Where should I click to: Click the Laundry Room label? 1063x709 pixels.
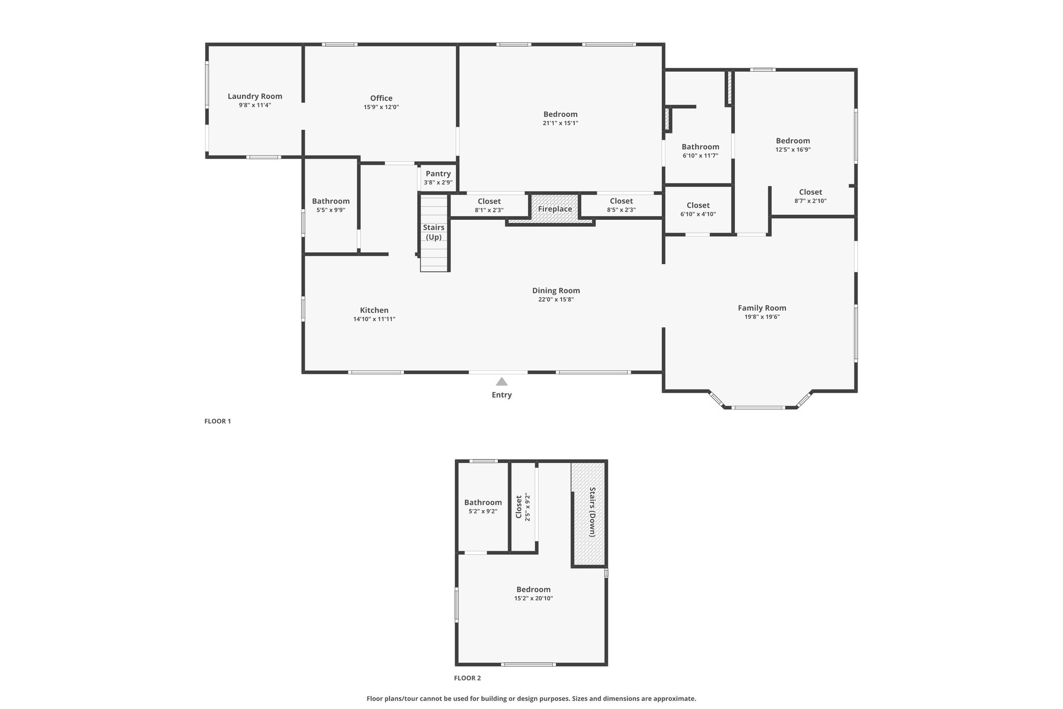click(255, 96)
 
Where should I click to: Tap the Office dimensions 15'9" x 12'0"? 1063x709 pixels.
click(381, 108)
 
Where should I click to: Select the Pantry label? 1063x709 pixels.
click(438, 173)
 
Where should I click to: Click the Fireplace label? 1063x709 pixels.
click(555, 209)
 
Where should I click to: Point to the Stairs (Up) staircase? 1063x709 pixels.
click(434, 233)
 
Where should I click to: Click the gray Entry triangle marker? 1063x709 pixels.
click(501, 381)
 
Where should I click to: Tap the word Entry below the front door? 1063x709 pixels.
click(502, 395)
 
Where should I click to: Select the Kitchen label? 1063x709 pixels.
click(374, 310)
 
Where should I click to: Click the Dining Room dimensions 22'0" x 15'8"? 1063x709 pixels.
click(556, 300)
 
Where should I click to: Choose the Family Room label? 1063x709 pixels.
click(762, 308)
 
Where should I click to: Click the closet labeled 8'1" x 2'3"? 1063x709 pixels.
click(489, 205)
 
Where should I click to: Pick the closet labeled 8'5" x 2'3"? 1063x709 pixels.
click(621, 205)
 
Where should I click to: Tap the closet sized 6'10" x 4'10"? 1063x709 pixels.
click(698, 209)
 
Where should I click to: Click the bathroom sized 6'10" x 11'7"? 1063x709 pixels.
click(700, 151)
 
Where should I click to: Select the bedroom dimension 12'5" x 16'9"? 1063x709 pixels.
click(793, 150)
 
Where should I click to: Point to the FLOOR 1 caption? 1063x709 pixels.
click(217, 421)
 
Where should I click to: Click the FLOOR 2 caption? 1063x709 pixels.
click(468, 678)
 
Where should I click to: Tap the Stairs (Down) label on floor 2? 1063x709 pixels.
click(592, 512)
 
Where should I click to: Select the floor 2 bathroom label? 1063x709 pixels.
click(483, 502)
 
